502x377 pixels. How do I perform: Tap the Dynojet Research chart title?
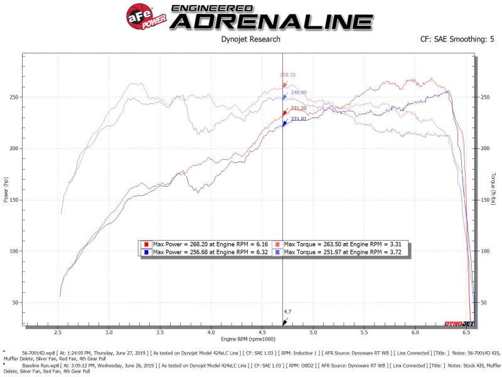[x=251, y=39]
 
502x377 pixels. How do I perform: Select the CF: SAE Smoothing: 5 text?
[x=458, y=39]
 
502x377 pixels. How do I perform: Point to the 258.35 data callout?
[x=287, y=75]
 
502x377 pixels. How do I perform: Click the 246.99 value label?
[x=299, y=92]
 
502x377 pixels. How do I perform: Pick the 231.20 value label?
[x=299, y=108]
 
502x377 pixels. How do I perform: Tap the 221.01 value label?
[x=299, y=119]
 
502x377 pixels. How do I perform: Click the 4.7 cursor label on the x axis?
[x=287, y=311]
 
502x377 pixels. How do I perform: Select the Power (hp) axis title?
[x=7, y=188]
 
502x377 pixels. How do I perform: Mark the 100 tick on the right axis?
[x=484, y=251]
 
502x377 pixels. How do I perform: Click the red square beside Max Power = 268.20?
[x=146, y=244]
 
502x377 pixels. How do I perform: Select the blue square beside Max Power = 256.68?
[x=146, y=252]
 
